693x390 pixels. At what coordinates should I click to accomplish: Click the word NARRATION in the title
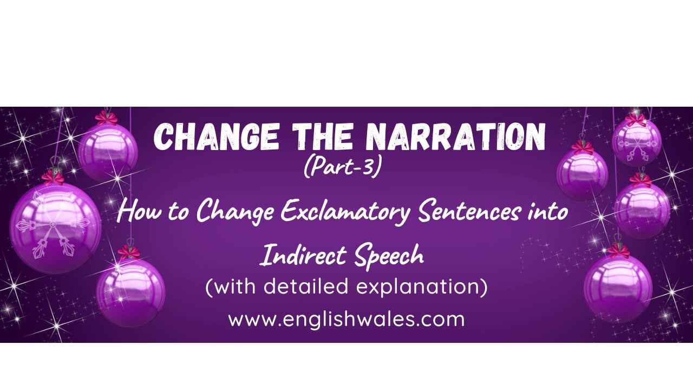(455, 137)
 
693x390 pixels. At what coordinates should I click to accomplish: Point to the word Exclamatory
(345, 212)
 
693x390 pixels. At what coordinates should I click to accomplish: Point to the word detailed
(306, 286)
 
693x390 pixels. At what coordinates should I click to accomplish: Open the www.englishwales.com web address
(346, 319)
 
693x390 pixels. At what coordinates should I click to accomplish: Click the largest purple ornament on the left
(56, 227)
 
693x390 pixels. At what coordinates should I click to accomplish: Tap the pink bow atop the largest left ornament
(53, 177)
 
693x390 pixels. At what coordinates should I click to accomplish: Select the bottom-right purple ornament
(618, 288)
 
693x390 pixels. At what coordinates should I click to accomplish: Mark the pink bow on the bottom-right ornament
(618, 251)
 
